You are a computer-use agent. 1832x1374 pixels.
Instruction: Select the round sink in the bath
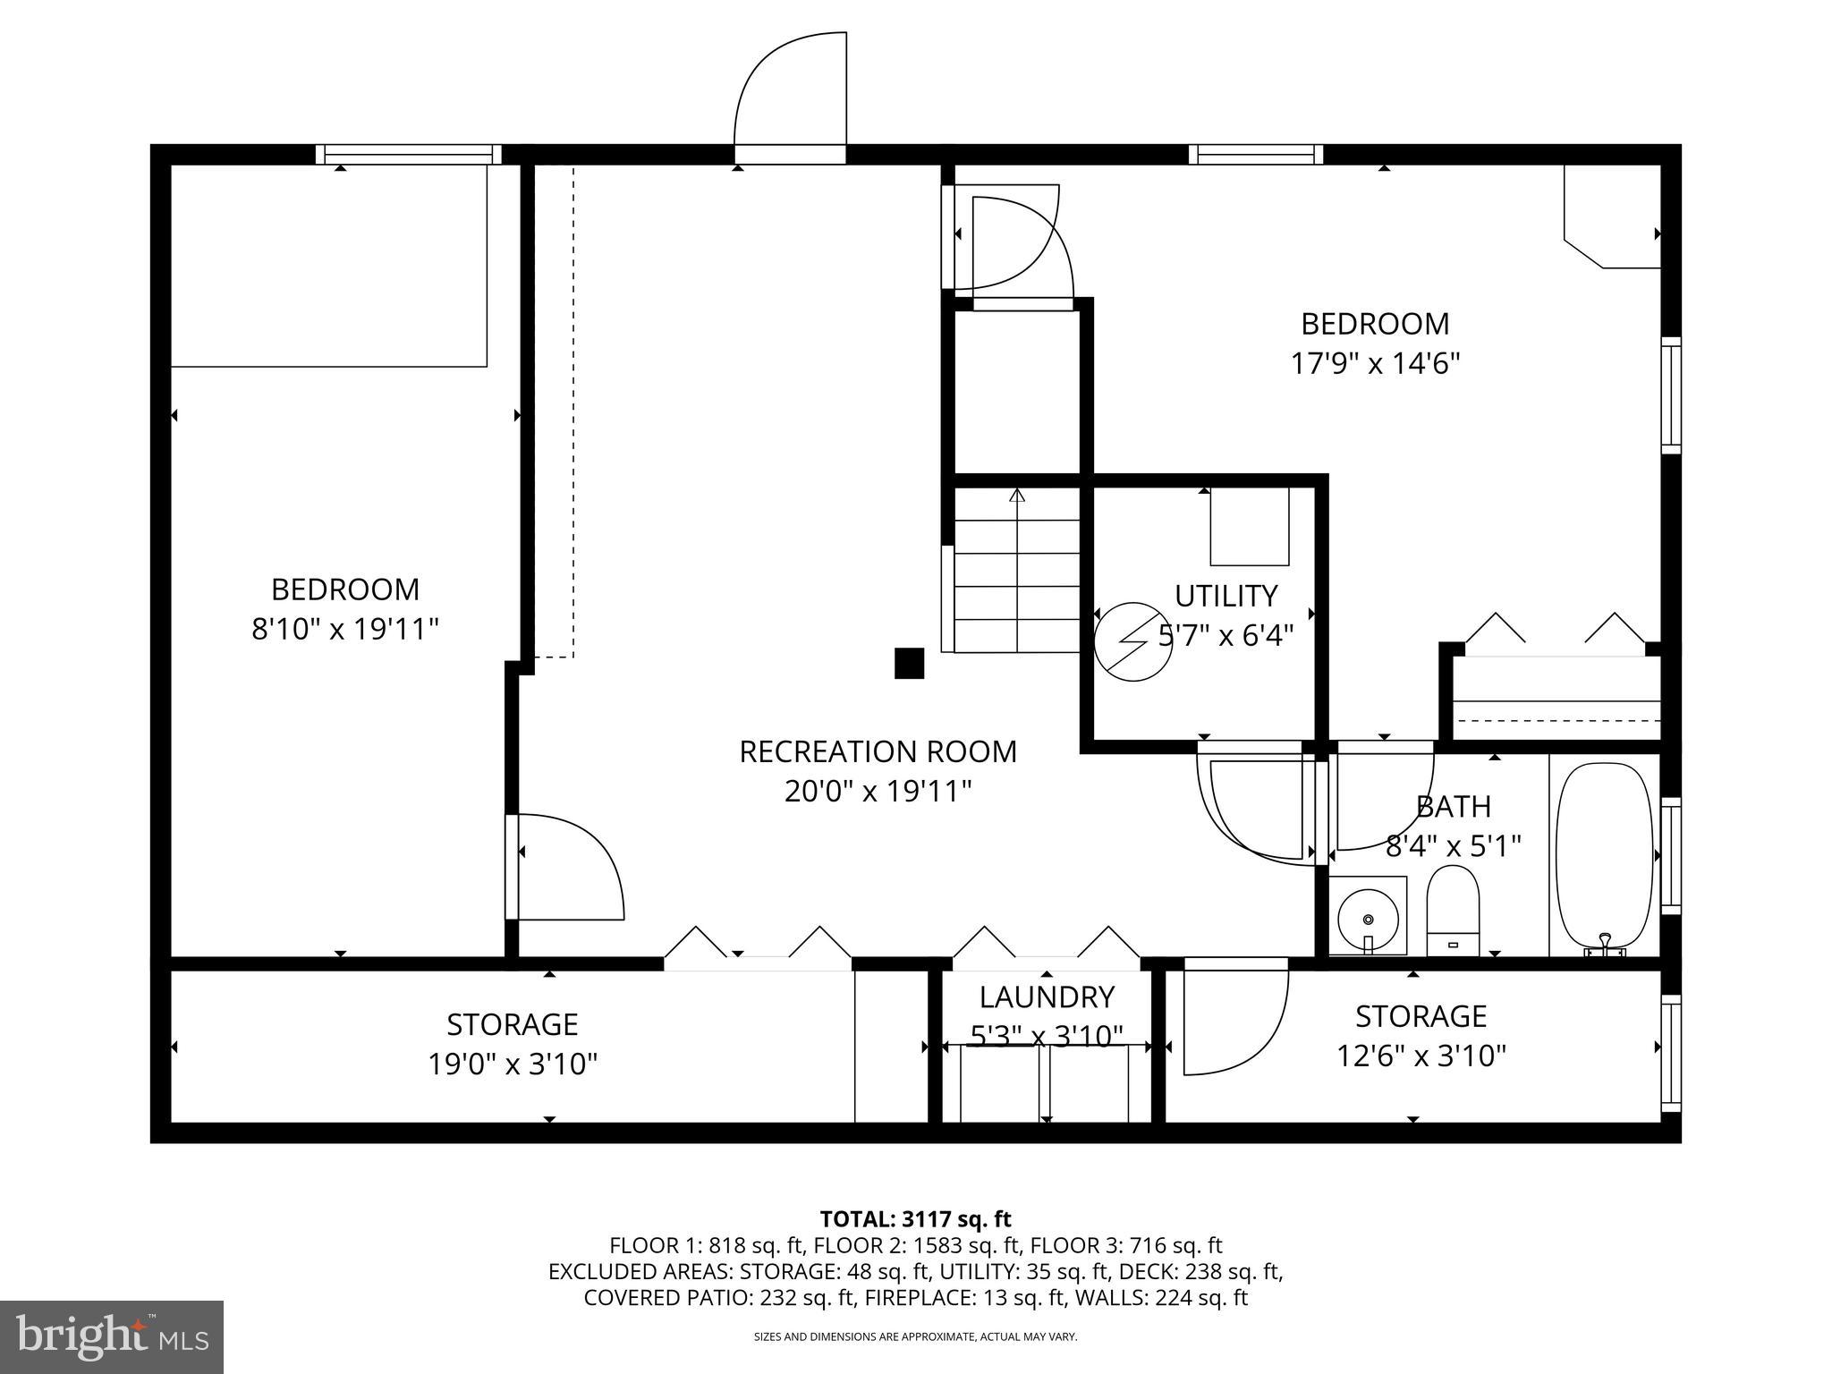click(x=1367, y=917)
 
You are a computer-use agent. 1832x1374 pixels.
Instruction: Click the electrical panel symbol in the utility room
click(x=1133, y=641)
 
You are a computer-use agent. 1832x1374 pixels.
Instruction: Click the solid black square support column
click(x=909, y=663)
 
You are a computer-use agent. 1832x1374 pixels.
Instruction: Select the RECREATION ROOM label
click(x=878, y=751)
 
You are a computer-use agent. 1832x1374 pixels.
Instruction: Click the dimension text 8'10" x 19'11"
click(x=344, y=629)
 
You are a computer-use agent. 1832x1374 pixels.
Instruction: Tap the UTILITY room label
click(x=1226, y=596)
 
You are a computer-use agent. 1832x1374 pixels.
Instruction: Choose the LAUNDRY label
click(x=1046, y=997)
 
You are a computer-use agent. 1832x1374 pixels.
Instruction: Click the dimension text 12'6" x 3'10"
click(x=1421, y=1056)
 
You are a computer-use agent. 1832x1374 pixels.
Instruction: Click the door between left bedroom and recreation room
click(x=564, y=866)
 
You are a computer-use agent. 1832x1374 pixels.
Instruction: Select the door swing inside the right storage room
click(x=1234, y=1020)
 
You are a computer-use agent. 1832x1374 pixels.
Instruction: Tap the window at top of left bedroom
click(x=409, y=154)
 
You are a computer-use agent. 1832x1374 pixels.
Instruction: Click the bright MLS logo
click(x=112, y=1337)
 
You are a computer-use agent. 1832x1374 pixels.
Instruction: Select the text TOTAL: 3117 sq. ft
click(x=915, y=1219)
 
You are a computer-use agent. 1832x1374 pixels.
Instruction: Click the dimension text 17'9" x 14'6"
click(x=1374, y=363)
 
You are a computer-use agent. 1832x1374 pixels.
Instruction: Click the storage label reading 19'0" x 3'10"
click(x=512, y=1064)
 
